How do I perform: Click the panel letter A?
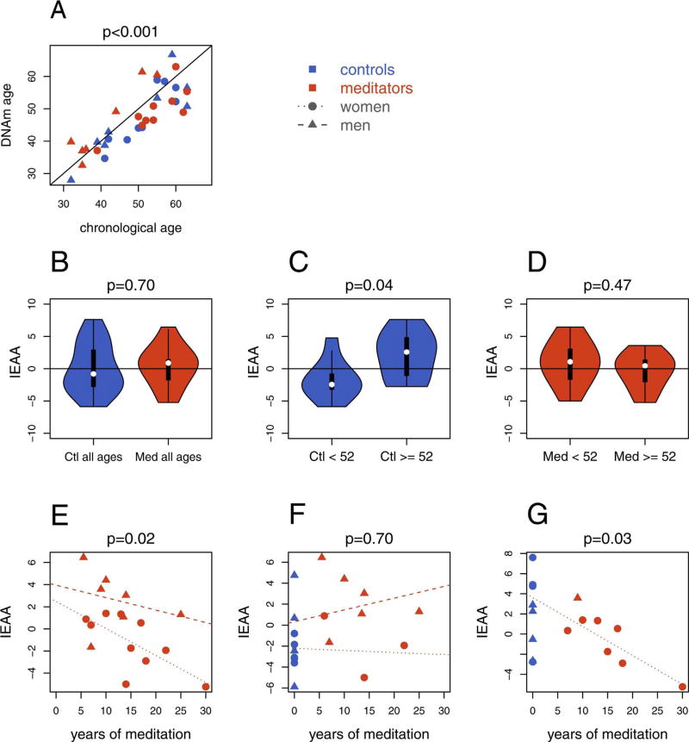click(58, 11)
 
